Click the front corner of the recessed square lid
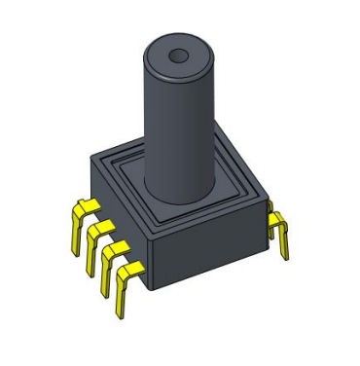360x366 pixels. click(155, 222)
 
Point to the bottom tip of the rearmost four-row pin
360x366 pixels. click(76, 252)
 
